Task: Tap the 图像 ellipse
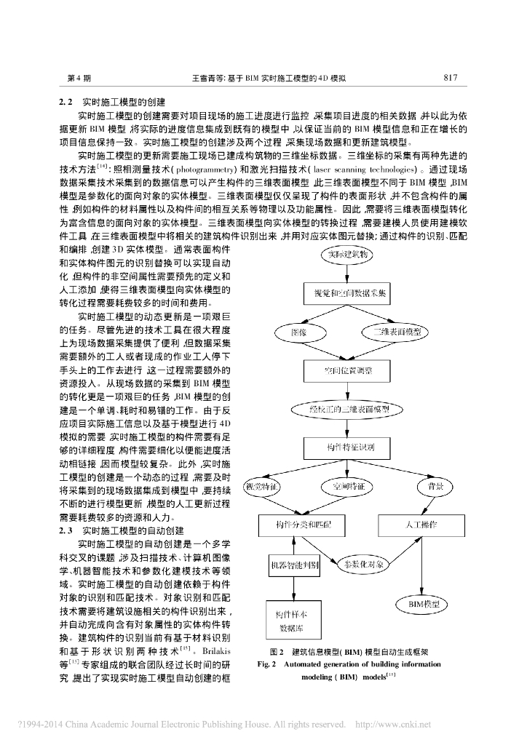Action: (x=299, y=332)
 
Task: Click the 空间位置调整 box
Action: (x=346, y=370)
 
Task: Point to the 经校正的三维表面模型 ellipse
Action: (x=346, y=409)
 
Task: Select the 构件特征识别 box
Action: (x=346, y=447)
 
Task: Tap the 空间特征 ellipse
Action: (x=346, y=485)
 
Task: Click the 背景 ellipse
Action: (x=435, y=485)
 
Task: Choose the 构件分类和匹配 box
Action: (x=298, y=524)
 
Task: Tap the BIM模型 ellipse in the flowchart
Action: (x=424, y=604)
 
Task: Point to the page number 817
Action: (x=449, y=76)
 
